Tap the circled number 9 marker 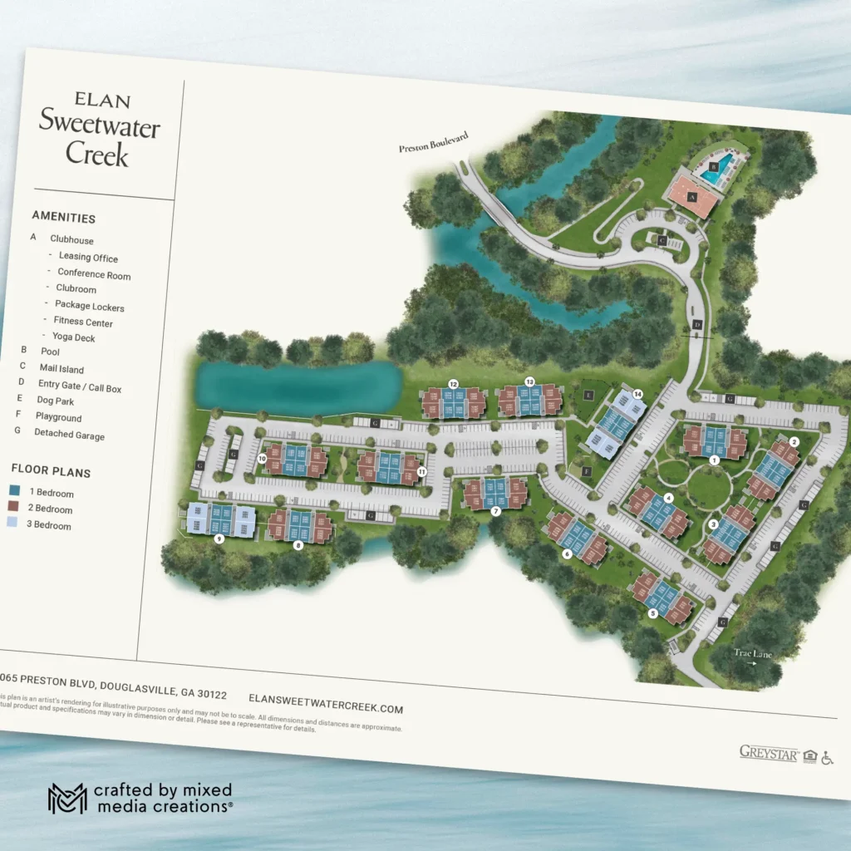click(219, 539)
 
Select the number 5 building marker click(653, 613)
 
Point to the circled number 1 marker click(714, 460)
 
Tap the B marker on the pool click(713, 165)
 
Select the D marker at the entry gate click(697, 323)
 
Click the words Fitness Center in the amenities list click(83, 322)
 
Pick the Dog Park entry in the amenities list click(56, 401)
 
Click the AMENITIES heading click(64, 218)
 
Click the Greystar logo click(769, 753)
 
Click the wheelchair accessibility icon click(827, 758)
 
